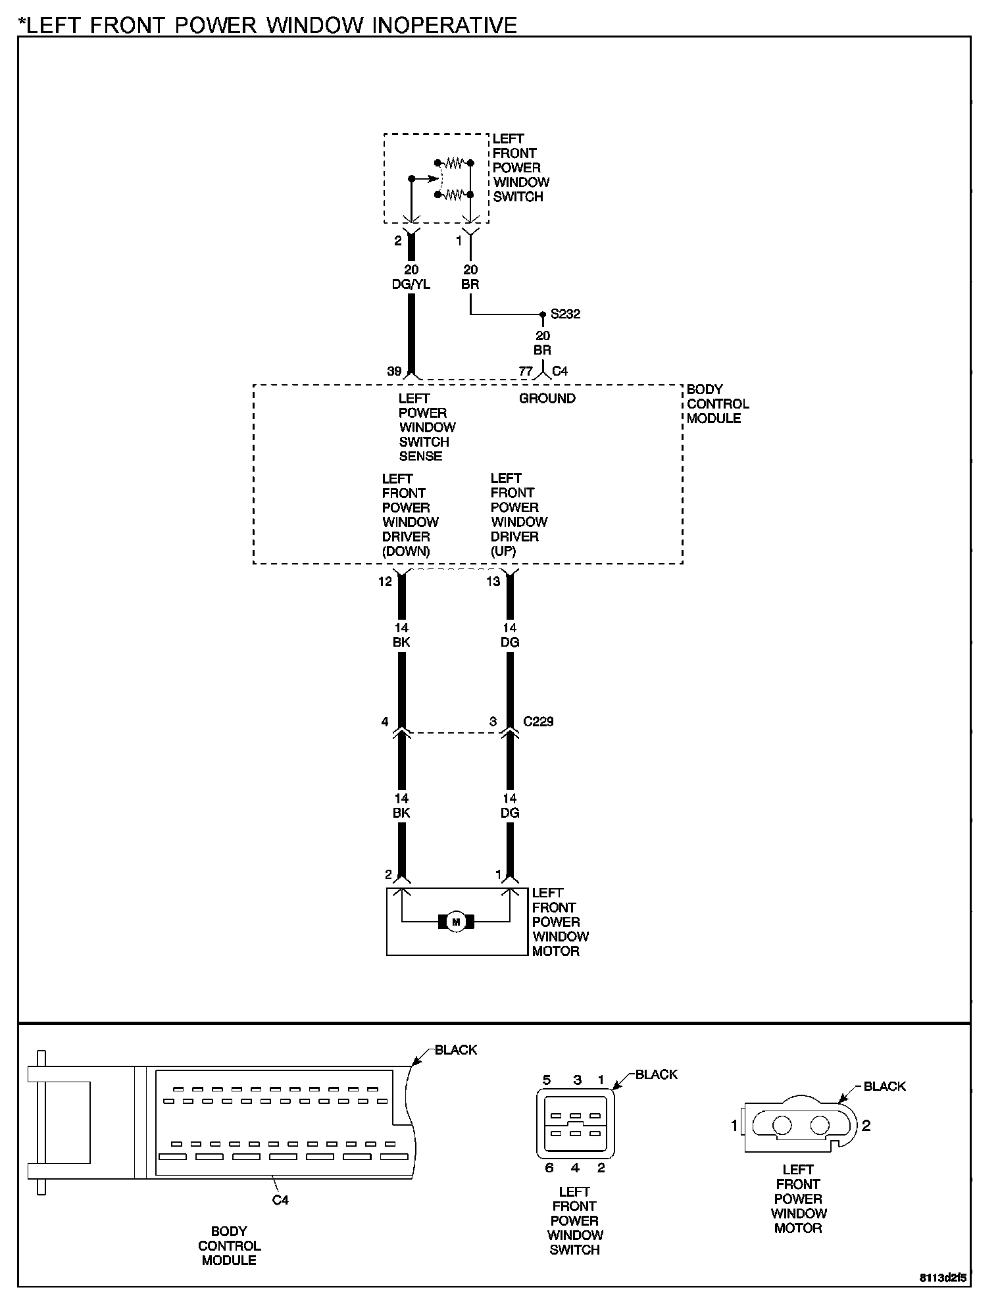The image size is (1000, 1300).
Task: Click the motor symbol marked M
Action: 456,922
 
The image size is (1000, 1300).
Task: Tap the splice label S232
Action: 566,314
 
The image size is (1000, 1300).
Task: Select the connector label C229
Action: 538,722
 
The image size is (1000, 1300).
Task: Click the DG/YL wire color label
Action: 411,284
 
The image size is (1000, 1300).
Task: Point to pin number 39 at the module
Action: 394,371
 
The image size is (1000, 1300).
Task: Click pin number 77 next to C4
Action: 525,371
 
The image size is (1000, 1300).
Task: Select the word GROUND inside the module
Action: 547,398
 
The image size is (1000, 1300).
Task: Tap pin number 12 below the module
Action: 385,582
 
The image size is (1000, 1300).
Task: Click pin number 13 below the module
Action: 493,582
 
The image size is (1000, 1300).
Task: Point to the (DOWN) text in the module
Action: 406,551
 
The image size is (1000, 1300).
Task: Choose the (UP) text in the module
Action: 503,551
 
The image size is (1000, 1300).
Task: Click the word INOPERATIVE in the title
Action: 445,25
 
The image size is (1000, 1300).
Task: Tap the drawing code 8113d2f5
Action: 943,1278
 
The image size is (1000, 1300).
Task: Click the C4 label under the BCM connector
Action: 280,1200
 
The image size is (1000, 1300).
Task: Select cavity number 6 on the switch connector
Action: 549,1168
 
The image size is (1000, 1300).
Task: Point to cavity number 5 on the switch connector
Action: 547,1080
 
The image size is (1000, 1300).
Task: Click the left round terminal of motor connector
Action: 782,1126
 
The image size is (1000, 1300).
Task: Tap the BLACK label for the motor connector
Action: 885,1086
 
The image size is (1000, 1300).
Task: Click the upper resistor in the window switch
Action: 453,162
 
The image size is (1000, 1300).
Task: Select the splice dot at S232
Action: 543,314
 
